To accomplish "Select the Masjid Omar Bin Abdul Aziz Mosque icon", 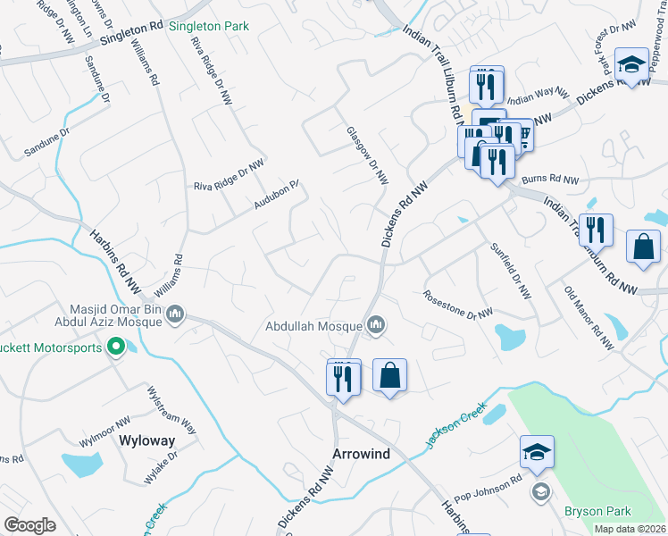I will point(175,313).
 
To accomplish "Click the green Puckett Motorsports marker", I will point(115,348).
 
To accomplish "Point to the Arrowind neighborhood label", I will point(361,454).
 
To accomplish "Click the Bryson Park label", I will point(597,511).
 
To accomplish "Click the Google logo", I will point(29,525).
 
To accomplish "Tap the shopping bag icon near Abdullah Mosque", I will point(389,375).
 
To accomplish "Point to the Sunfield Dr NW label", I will point(510,269).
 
